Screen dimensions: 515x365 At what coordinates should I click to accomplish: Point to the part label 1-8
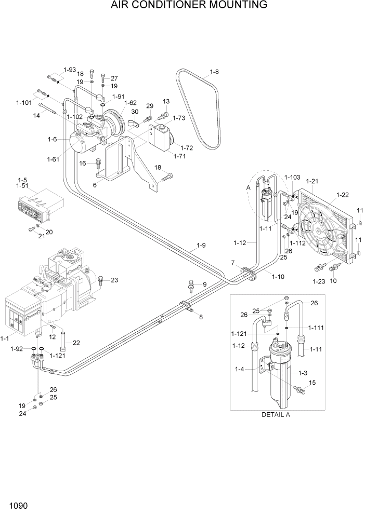click(x=214, y=72)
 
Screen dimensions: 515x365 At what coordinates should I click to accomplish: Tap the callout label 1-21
click(x=312, y=181)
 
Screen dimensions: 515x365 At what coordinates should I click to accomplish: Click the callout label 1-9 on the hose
click(x=201, y=246)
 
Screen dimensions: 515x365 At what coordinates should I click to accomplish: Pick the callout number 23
click(x=114, y=280)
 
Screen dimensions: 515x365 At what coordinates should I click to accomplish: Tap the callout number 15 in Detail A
click(x=312, y=383)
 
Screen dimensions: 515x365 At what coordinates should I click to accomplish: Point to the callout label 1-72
click(x=186, y=148)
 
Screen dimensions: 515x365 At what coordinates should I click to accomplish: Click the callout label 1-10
click(x=278, y=277)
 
